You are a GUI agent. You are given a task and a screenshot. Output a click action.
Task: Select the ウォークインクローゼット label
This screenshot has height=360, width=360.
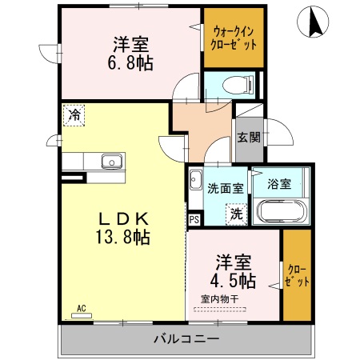pyautogui.click(x=234, y=38)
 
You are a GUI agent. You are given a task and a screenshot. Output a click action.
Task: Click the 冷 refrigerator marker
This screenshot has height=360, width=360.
pyautogui.click(x=74, y=114)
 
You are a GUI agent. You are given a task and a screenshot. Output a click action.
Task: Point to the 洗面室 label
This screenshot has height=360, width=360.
pyautogui.click(x=226, y=189)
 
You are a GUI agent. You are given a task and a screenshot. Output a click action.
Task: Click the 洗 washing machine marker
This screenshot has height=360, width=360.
pyautogui.click(x=237, y=214)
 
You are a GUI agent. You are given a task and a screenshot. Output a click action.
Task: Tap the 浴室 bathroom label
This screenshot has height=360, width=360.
pyautogui.click(x=279, y=183)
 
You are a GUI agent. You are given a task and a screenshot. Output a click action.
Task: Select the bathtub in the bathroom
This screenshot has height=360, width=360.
pyautogui.click(x=279, y=212)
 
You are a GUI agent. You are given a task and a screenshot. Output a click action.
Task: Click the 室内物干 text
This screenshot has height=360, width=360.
pyautogui.click(x=220, y=299)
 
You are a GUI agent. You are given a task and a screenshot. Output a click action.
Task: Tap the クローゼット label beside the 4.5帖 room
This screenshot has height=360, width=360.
pyautogui.click(x=297, y=275)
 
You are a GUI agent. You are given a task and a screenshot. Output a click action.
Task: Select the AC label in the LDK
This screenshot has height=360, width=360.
pyautogui.click(x=82, y=307)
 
